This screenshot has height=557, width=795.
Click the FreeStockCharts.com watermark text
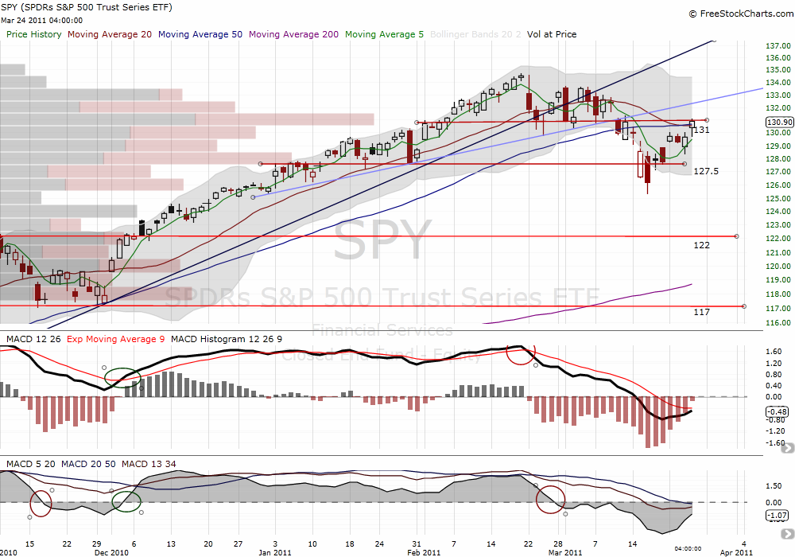[743, 14]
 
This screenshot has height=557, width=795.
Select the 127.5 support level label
[707, 171]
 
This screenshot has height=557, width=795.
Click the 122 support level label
[701, 245]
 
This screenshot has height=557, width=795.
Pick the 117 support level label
[701, 312]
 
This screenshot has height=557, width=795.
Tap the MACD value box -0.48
[777, 411]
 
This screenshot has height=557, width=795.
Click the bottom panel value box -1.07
[777, 516]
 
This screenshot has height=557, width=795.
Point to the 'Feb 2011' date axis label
[424, 551]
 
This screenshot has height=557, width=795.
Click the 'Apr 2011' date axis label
[737, 551]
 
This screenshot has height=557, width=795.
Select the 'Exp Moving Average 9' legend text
[117, 340]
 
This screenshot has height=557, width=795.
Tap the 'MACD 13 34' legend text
[157, 463]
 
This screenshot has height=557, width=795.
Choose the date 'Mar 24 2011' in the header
[29, 21]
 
